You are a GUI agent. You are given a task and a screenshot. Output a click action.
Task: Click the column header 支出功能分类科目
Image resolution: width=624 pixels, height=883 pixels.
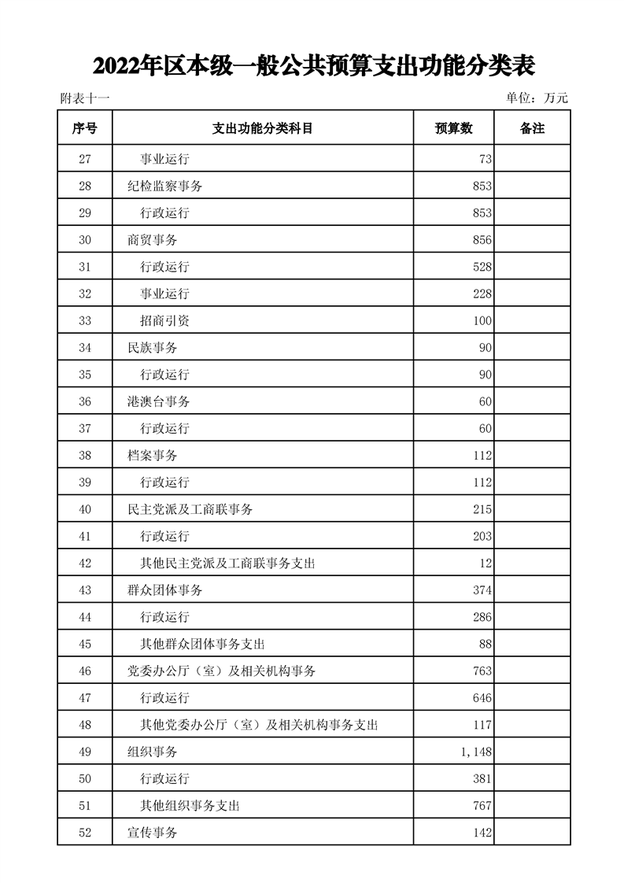tap(263, 128)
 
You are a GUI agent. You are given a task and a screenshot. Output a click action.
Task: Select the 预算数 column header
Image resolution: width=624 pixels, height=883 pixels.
tap(453, 128)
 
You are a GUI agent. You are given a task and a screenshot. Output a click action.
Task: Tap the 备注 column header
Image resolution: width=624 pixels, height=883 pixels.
tap(532, 128)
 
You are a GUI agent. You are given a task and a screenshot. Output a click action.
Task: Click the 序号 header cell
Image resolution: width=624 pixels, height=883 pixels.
tap(85, 128)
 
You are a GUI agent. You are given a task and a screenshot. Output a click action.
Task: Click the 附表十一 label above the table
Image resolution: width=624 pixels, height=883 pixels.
tap(84, 98)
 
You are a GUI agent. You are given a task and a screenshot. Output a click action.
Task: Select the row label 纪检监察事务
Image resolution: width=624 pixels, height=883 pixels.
tap(164, 187)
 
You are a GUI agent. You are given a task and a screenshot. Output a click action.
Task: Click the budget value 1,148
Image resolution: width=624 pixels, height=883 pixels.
tap(476, 752)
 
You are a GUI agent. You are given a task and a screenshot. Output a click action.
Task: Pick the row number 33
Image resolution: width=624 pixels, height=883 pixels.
tap(85, 321)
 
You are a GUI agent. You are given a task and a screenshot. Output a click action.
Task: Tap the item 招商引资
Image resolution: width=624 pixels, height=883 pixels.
tap(164, 321)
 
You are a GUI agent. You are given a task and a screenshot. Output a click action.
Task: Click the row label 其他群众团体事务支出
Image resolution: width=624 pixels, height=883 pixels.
tap(201, 644)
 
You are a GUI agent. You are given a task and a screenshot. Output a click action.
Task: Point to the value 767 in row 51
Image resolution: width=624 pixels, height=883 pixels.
tap(482, 806)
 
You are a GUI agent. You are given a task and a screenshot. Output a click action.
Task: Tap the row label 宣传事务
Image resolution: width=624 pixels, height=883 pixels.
tap(152, 833)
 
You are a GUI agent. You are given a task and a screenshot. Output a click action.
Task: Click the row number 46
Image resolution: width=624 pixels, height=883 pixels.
tap(85, 671)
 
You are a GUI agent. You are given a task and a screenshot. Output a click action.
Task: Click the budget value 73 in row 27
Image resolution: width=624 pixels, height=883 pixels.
tap(485, 159)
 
